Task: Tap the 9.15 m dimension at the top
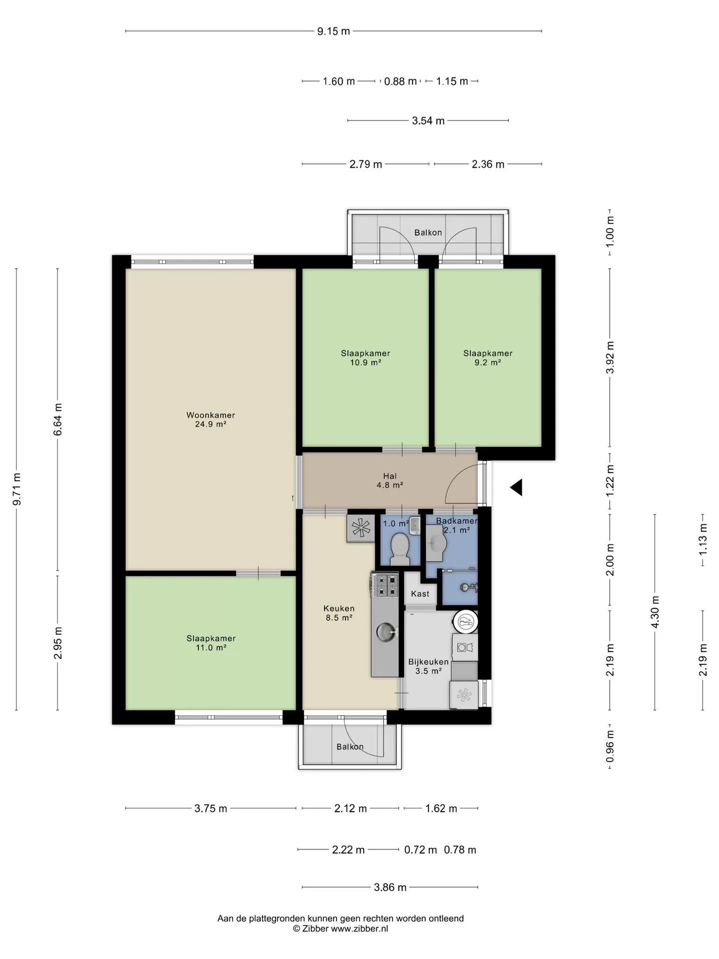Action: [x=334, y=31]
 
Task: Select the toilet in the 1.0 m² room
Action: [x=399, y=546]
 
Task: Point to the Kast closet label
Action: [x=420, y=594]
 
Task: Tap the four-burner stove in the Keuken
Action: [x=384, y=585]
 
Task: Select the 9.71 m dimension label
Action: [x=16, y=488]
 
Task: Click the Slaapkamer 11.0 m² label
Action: [x=211, y=643]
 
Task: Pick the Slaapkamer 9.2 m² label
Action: [x=488, y=358]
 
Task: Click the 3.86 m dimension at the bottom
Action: [x=390, y=887]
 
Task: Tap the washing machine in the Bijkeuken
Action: [x=465, y=647]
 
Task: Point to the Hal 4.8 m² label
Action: [x=390, y=480]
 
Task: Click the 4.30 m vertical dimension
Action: [x=655, y=612]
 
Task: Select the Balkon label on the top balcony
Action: [x=428, y=232]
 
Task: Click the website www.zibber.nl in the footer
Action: [x=359, y=929]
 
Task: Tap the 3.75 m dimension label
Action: [x=211, y=808]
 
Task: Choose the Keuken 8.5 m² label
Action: [x=339, y=612]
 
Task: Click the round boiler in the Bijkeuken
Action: [x=466, y=622]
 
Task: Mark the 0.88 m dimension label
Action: [x=400, y=81]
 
